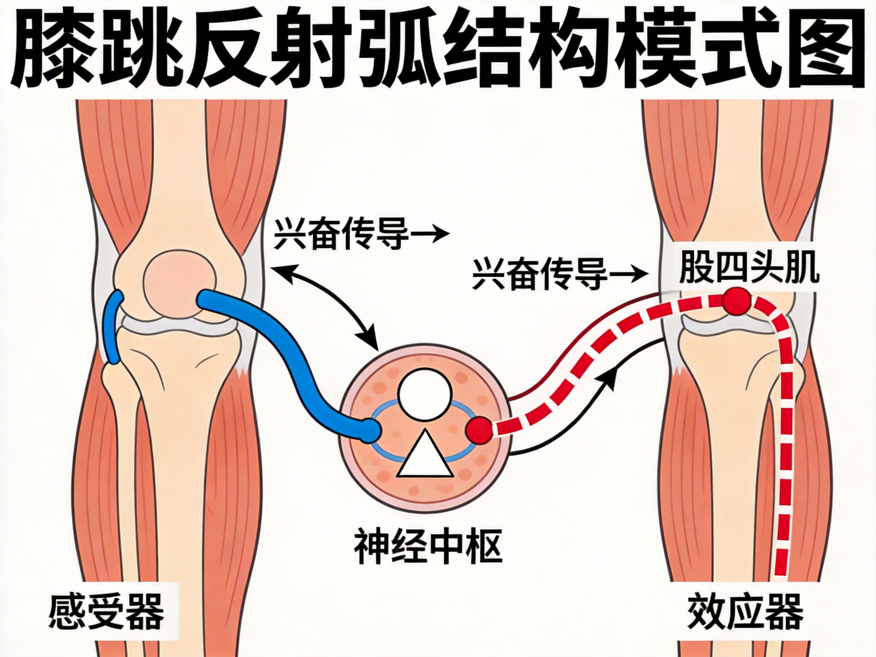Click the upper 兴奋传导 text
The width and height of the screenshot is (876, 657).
point(341,235)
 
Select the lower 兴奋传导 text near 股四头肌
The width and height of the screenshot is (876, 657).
point(540,273)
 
